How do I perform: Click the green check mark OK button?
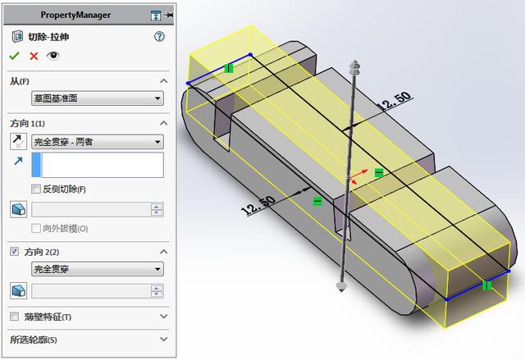pyautogui.click(x=14, y=56)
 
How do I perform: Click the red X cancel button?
pyautogui.click(x=34, y=56)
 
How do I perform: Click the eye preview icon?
pyautogui.click(x=53, y=56)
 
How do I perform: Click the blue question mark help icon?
pyautogui.click(x=159, y=37)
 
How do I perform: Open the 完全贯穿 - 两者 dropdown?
pyautogui.click(x=97, y=142)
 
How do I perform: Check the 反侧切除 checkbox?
pyautogui.click(x=36, y=189)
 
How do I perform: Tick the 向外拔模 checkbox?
pyautogui.click(x=36, y=228)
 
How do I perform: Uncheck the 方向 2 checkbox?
pyautogui.click(x=15, y=251)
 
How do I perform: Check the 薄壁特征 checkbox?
pyautogui.click(x=15, y=317)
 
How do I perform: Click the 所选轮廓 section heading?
pyautogui.click(x=34, y=339)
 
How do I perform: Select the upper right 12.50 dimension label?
pyautogui.click(x=393, y=102)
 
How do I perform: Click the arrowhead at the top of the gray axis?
pyautogui.click(x=354, y=65)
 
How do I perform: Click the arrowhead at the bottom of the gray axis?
pyautogui.click(x=340, y=286)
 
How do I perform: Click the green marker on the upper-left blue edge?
pyautogui.click(x=229, y=68)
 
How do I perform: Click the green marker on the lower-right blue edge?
pyautogui.click(x=486, y=286)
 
